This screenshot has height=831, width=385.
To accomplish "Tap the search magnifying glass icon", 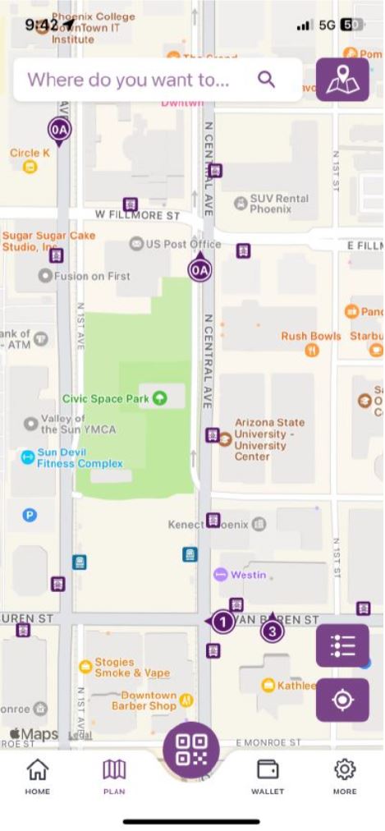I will tap(265, 79).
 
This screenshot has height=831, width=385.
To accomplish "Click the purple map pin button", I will tap(342, 80).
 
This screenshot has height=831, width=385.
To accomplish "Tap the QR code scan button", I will tap(191, 750).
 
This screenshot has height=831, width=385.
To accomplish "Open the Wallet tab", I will tap(267, 776).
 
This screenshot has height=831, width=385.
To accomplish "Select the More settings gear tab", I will tap(345, 776).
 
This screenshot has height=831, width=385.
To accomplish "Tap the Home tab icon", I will tap(37, 776).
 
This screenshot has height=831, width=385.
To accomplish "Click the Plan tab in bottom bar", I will tap(114, 776).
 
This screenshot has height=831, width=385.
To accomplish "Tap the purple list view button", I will tap(342, 645).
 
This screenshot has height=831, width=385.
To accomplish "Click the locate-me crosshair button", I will tap(342, 700).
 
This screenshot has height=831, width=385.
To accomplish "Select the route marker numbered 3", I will tap(272, 631).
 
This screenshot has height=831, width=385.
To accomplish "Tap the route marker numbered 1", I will tap(222, 622).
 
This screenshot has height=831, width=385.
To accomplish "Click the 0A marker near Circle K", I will tap(59, 130).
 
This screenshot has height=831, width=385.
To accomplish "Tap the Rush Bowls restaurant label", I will tap(311, 336).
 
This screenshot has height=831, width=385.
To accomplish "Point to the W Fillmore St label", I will tap(137, 216).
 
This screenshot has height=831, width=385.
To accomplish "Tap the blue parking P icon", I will tap(30, 516).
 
